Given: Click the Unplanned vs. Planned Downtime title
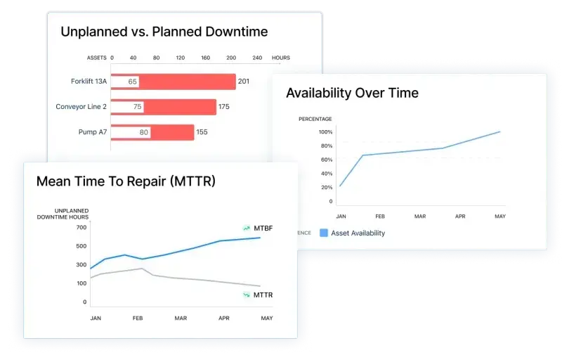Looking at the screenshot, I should click(164, 32).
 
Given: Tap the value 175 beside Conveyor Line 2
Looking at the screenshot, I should click(224, 107).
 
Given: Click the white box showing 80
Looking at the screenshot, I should click(143, 132).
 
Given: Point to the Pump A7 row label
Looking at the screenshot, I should click(93, 132).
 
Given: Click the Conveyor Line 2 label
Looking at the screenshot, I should click(81, 107).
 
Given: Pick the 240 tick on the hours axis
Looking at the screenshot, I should click(257, 58).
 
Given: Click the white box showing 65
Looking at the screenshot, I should click(132, 82).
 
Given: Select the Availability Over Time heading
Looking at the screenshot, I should click(352, 93).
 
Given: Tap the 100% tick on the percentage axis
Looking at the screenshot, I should click(325, 132).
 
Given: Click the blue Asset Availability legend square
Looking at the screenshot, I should click(324, 233).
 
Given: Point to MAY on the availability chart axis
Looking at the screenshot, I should click(499, 217).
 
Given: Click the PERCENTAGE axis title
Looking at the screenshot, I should click(315, 119).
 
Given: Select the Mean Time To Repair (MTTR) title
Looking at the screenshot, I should click(126, 181).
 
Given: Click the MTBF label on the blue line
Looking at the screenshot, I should click(263, 229).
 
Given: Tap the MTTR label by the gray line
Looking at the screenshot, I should click(263, 295).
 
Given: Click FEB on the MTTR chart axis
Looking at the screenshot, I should click(138, 319).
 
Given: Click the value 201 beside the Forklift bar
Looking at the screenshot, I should click(244, 82).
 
